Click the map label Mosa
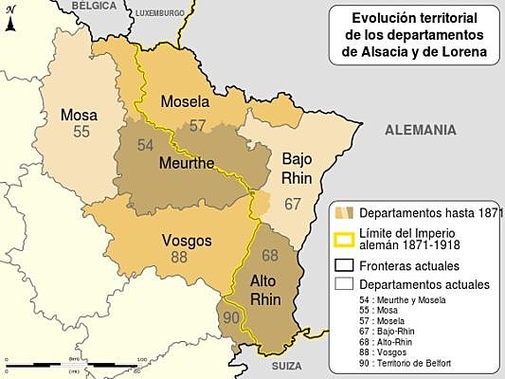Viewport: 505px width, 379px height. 79,115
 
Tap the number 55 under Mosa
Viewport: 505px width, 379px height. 81,132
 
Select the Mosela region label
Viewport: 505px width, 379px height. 185,102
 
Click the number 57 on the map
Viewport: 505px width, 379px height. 197,124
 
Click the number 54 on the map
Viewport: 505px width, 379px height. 145,145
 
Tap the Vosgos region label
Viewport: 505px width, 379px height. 186,240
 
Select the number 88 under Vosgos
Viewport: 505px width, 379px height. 179,257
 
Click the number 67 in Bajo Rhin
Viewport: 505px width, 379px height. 293,204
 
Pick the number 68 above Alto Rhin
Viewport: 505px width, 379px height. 270,255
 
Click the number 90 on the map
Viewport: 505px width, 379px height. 229,316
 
